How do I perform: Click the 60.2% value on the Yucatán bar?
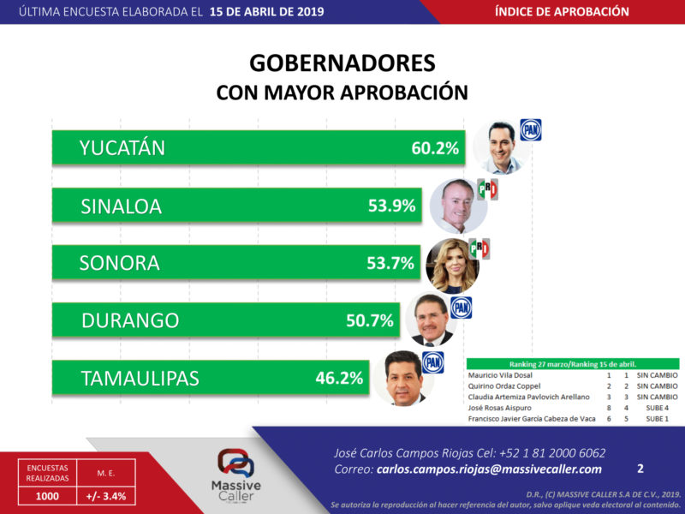436,148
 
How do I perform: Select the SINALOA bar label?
121,206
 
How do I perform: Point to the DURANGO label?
130,321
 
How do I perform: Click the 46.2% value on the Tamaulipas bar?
340,378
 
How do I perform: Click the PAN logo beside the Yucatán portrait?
531,130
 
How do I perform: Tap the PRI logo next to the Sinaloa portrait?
487,189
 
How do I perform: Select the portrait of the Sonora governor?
452,265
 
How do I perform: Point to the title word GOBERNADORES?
342,64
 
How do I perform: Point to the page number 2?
640,469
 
